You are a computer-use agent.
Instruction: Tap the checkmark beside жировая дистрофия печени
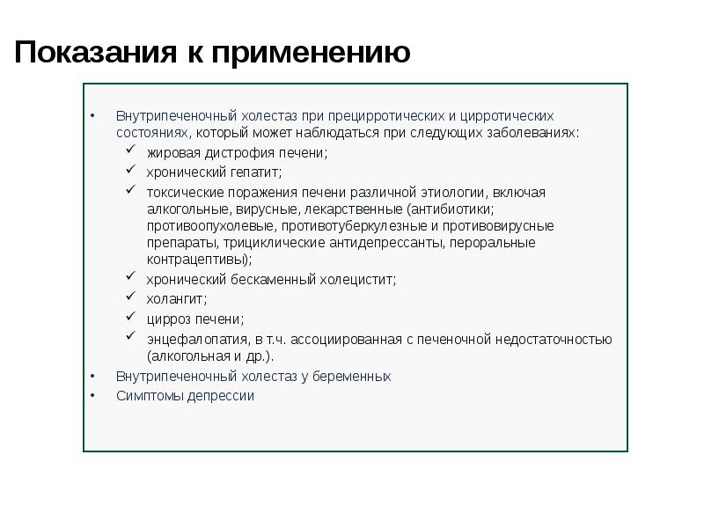[x=129, y=151]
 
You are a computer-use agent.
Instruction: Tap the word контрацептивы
[x=197, y=260]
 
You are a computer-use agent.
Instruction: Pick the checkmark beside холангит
[x=129, y=297]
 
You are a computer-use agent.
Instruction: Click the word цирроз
[x=170, y=319]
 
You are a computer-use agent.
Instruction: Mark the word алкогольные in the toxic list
[x=187, y=209]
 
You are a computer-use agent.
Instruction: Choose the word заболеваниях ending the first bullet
[x=536, y=133]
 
